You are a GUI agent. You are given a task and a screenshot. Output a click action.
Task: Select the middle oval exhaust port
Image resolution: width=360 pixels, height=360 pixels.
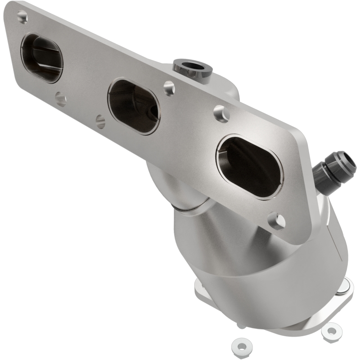click(x=134, y=106)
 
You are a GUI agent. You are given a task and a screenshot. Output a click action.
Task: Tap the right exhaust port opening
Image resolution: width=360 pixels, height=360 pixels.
click(x=250, y=167)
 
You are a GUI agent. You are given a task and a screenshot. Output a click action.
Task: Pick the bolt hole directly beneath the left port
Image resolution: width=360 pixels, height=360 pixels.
click(x=60, y=99)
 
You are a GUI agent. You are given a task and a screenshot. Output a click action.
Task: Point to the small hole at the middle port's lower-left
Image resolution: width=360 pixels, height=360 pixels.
click(x=101, y=121)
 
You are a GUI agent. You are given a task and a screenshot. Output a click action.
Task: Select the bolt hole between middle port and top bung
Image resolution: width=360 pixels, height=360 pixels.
click(x=169, y=88)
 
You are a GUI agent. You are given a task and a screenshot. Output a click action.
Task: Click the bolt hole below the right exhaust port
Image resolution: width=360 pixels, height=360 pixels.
click(x=276, y=220)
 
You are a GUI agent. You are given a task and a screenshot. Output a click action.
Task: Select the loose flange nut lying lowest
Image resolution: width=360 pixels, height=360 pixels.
click(x=241, y=346)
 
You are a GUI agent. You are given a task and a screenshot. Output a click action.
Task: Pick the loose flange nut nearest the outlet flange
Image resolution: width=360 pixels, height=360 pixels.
click(x=332, y=331)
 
